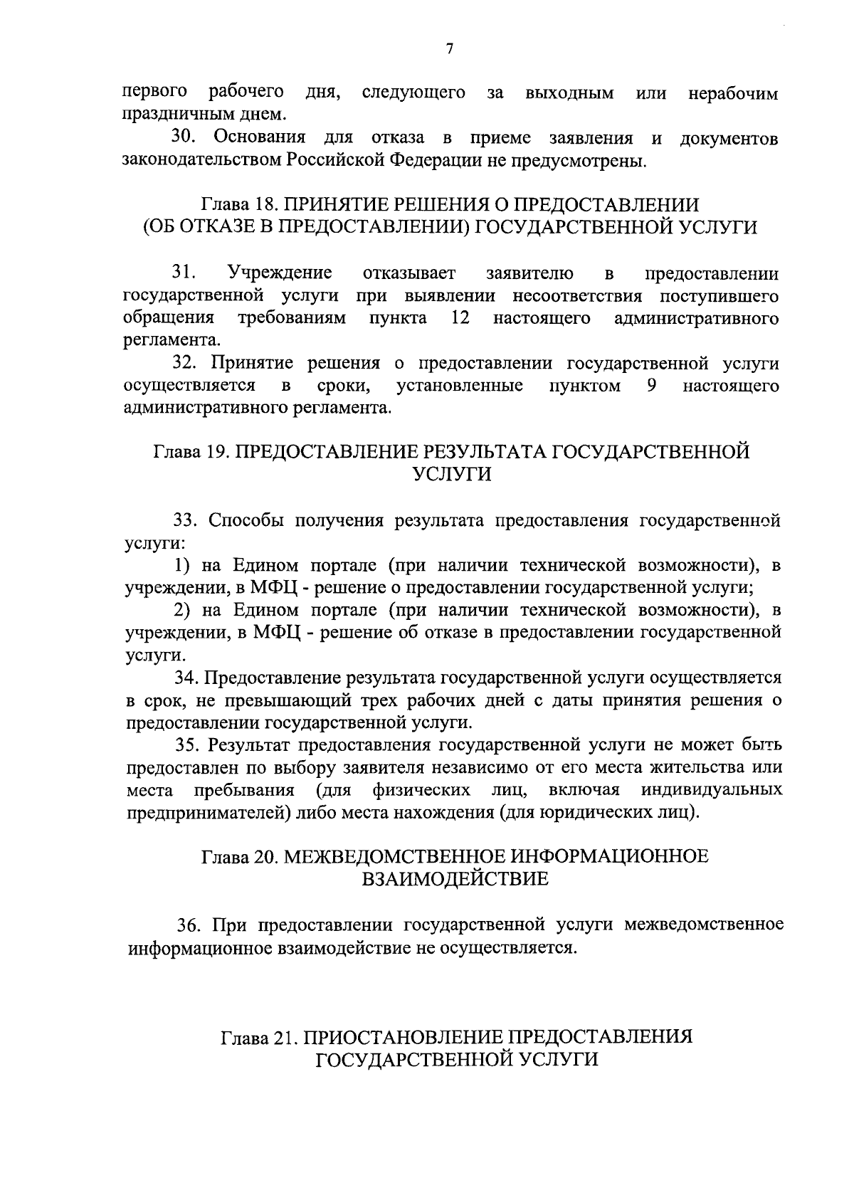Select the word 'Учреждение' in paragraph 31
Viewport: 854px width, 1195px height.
pyautogui.click(x=280, y=273)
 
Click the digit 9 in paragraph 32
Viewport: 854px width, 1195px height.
pyautogui.click(x=652, y=386)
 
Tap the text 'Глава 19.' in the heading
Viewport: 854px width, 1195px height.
pyautogui.click(x=190, y=452)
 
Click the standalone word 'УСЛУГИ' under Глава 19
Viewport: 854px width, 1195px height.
pyautogui.click(x=452, y=475)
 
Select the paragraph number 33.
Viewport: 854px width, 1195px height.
pyautogui.click(x=186, y=520)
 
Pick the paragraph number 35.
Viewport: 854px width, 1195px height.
pyautogui.click(x=187, y=744)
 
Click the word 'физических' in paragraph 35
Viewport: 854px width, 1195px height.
pyautogui.click(x=421, y=790)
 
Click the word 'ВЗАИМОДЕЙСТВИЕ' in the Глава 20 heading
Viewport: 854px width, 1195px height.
pyautogui.click(x=455, y=878)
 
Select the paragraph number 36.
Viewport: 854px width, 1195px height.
pyautogui.click(x=189, y=925)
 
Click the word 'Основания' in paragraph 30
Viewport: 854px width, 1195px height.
pyautogui.click(x=260, y=137)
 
